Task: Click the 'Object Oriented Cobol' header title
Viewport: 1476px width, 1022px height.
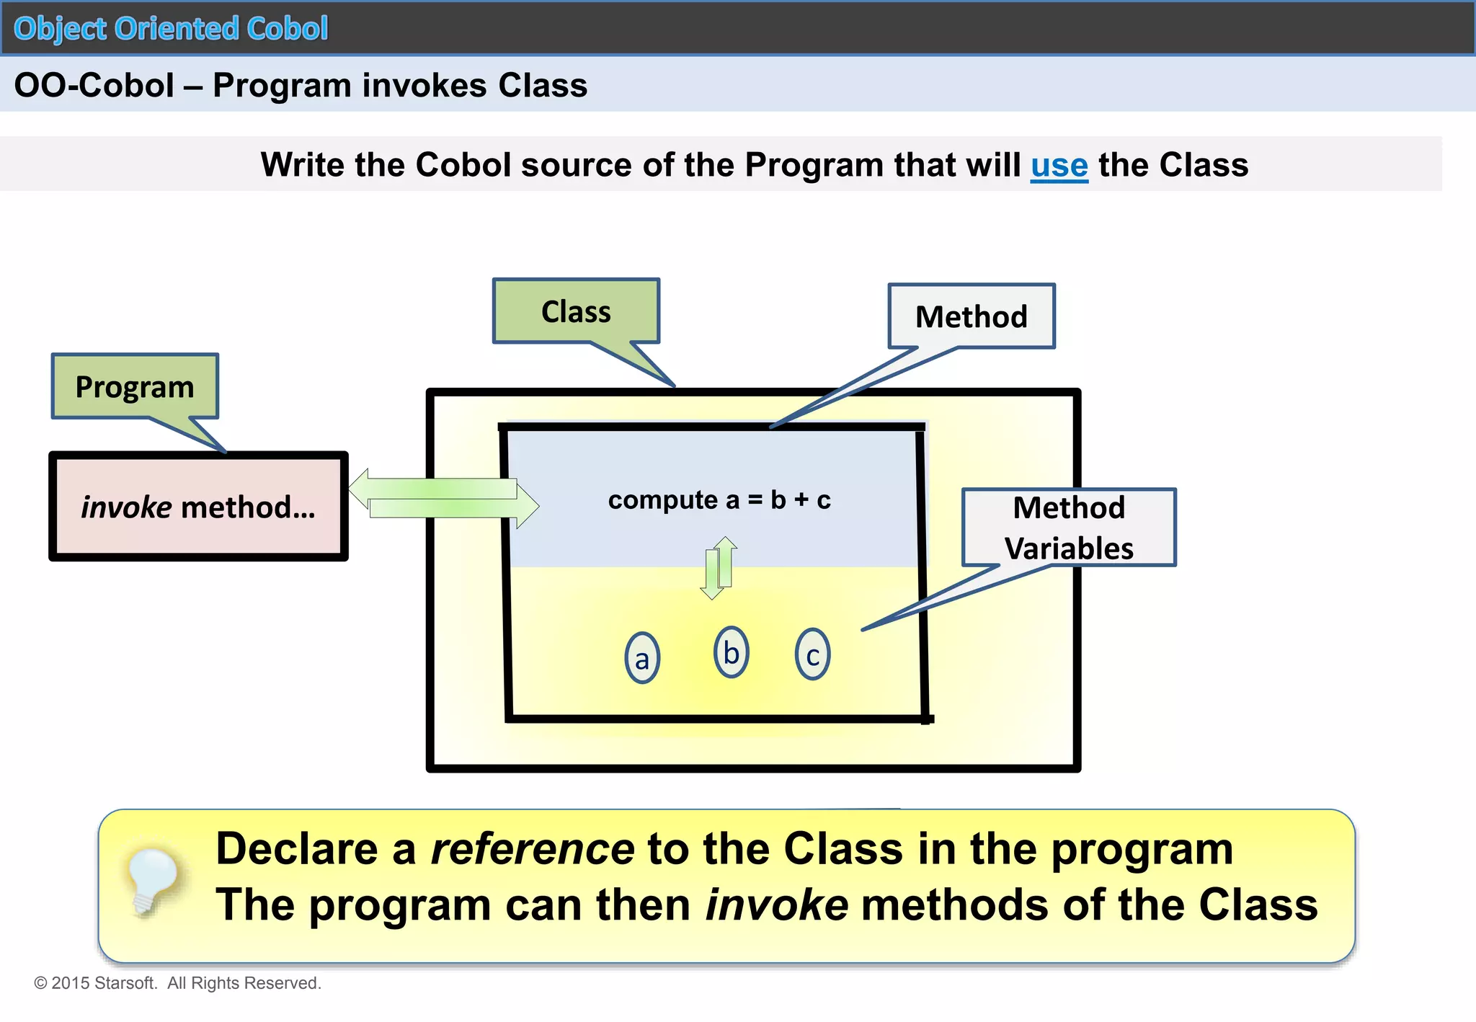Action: (x=171, y=29)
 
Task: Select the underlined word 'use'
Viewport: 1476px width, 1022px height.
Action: (x=1059, y=165)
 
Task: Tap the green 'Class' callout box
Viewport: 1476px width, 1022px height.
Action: (x=576, y=311)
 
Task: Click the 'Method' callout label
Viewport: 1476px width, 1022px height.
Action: (x=971, y=316)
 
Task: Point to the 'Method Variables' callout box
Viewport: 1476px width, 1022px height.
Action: (x=1069, y=528)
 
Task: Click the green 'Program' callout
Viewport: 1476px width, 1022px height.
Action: (x=135, y=387)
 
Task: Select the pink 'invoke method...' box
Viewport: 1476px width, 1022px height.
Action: (x=198, y=507)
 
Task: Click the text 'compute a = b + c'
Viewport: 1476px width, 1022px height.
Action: (x=719, y=499)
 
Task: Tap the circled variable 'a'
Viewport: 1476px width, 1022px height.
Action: (x=642, y=658)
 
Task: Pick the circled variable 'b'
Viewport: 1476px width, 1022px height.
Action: (x=731, y=652)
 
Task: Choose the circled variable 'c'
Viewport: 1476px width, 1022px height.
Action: (x=812, y=654)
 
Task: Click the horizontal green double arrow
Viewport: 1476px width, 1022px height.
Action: (x=443, y=499)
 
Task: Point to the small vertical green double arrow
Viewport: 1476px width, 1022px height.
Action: (x=719, y=568)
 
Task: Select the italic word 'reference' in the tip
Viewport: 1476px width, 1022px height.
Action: (x=532, y=848)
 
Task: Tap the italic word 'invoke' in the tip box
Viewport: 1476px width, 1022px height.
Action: (x=776, y=905)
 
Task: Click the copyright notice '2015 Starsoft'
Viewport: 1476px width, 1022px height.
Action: (x=177, y=983)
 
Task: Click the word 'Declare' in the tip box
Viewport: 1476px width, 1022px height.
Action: (x=296, y=848)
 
